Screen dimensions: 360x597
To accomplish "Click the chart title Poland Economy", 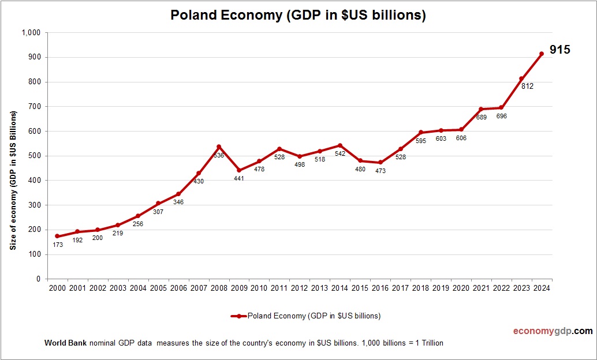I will point(298,16).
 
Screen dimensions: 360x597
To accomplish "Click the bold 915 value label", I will point(559,50).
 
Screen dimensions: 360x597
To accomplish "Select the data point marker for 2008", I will point(219,147).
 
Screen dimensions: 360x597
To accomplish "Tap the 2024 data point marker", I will point(542,54).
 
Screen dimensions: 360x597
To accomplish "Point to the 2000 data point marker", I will point(57,236).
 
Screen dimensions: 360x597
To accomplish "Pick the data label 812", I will point(527,87).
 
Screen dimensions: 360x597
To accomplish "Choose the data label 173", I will point(57,245).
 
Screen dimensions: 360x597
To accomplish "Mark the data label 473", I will point(380,171).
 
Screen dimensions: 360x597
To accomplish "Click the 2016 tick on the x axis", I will point(380,288).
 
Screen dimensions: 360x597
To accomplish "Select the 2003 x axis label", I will point(118,288).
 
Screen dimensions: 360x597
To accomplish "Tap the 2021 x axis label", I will point(481,288).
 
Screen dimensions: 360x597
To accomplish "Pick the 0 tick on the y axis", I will point(38,279).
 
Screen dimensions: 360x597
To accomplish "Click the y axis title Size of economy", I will point(13,180).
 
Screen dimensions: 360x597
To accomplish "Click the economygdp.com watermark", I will point(553,331).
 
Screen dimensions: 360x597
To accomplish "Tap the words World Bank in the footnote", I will point(65,343).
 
